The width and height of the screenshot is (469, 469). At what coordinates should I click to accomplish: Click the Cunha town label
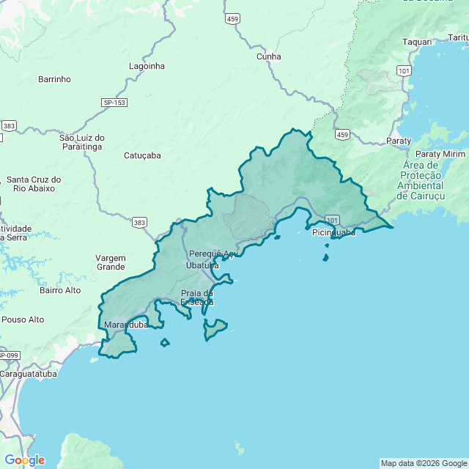[268, 56]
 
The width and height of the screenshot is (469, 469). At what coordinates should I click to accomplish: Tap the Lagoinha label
[147, 66]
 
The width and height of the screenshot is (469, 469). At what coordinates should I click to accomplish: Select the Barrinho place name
[54, 79]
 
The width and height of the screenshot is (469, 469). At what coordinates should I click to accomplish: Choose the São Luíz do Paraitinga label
[82, 142]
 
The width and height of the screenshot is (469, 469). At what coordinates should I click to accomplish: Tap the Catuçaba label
[142, 155]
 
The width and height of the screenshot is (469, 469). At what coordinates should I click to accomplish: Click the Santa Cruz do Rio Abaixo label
[34, 184]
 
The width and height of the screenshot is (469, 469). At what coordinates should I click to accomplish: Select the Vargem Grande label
[111, 262]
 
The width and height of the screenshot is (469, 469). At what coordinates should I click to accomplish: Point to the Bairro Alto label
[61, 290]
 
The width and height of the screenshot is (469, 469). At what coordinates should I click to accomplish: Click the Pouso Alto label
[23, 320]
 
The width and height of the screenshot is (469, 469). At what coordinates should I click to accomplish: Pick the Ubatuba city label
[202, 265]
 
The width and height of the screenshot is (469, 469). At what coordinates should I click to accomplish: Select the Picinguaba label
[333, 232]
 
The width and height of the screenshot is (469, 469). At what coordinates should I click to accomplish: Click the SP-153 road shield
[113, 103]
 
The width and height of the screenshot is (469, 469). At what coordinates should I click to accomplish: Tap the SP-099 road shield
[7, 355]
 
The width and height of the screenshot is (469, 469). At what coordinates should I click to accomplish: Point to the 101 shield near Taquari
[403, 70]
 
